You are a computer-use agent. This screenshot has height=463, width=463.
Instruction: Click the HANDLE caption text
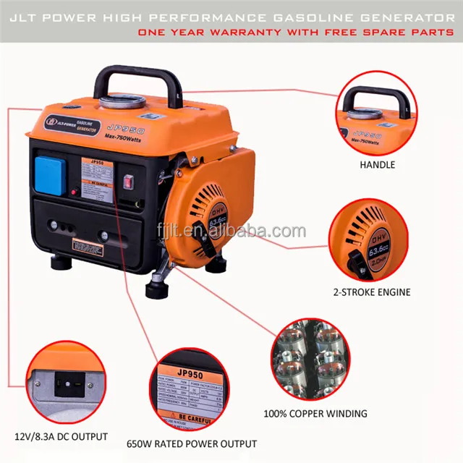(x=377, y=165)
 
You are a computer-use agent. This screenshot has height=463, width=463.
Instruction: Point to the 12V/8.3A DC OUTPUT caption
(x=61, y=437)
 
